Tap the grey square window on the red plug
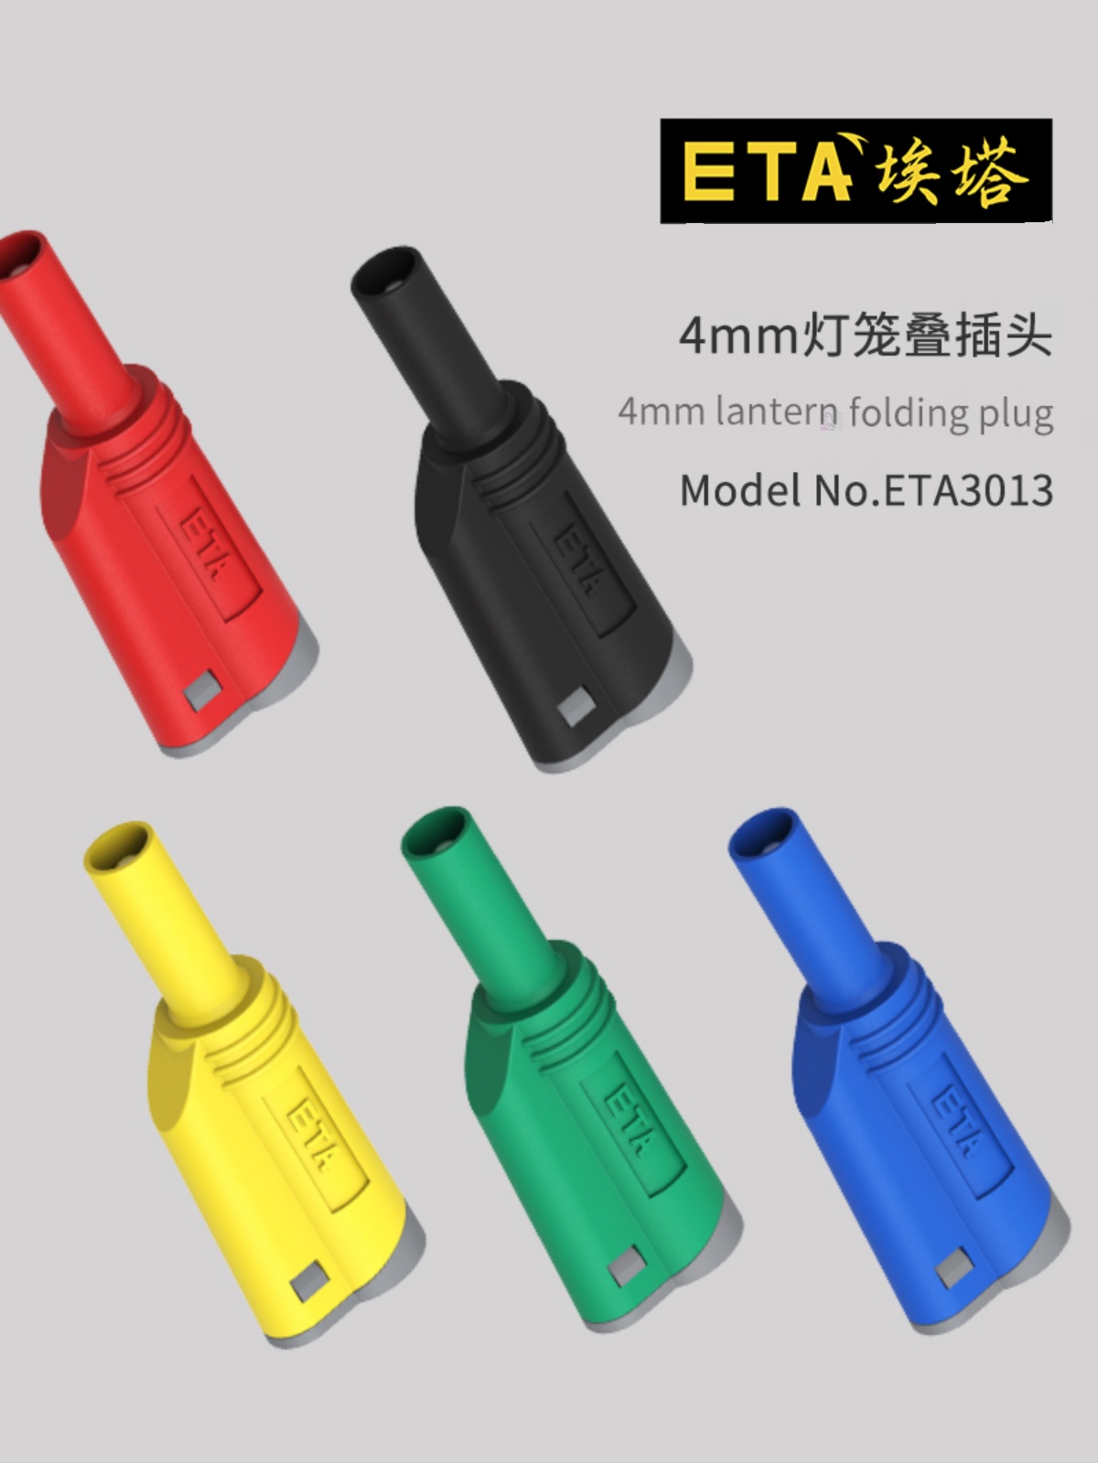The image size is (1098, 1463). (200, 694)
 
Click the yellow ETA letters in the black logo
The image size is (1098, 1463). (764, 172)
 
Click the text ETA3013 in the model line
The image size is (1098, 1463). (966, 491)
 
